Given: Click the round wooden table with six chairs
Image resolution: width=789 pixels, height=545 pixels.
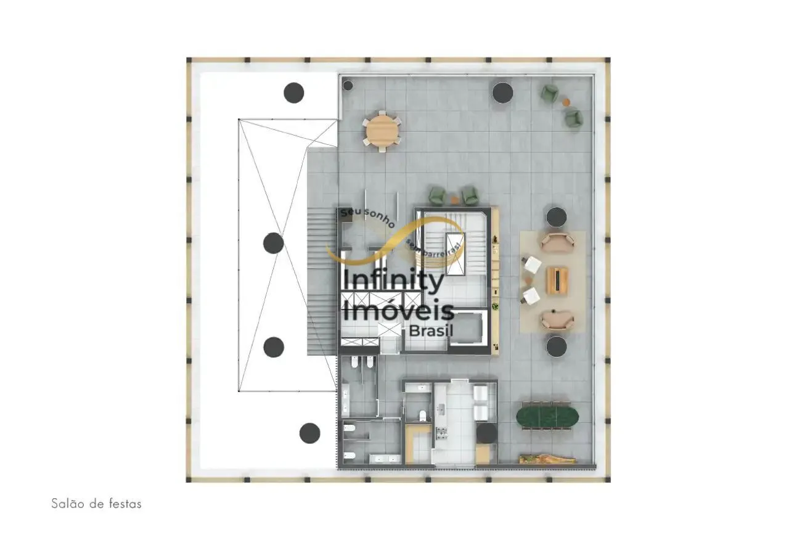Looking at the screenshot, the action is tap(382, 132).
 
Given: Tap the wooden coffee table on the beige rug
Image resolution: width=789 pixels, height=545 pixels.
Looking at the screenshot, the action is tap(557, 280).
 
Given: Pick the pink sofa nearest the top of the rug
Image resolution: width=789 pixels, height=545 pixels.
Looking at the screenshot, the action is tap(558, 242).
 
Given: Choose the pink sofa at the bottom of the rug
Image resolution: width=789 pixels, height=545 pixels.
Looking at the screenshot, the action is tap(558, 319).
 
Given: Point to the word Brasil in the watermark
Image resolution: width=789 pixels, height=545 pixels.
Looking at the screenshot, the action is tap(431, 330).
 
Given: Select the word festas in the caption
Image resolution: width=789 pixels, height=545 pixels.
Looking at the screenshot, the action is tap(125, 504).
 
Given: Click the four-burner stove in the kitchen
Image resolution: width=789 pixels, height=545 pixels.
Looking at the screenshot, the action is tap(441, 433).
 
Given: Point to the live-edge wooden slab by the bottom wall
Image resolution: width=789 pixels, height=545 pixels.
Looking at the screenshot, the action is tap(547, 459).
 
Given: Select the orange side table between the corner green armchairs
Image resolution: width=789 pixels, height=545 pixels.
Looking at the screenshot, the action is tap(566, 102).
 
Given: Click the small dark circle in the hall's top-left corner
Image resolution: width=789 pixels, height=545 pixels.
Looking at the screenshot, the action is tap(348, 85).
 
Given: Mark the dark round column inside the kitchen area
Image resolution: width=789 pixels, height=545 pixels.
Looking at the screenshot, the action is tap(486, 433).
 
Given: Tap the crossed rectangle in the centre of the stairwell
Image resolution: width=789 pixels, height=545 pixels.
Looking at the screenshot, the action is tap(455, 253).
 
